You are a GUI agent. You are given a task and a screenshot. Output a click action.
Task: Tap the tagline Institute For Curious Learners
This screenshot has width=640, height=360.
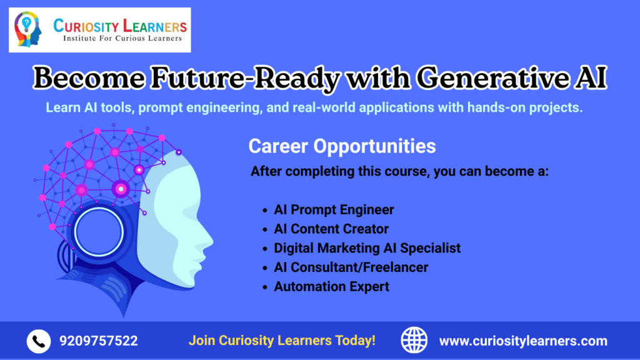point(122,39)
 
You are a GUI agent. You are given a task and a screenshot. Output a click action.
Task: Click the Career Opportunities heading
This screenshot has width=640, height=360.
point(342,146)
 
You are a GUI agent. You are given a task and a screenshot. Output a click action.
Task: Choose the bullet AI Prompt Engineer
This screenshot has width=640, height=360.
point(334,209)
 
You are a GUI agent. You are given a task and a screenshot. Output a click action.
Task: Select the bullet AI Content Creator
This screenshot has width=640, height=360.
point(331,229)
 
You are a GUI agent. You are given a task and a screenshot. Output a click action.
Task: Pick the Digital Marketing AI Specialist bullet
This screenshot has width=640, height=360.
point(367,248)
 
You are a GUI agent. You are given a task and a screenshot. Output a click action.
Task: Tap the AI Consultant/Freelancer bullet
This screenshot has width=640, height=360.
point(351,267)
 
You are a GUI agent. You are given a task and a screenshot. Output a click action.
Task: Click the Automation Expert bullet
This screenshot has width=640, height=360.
point(331,287)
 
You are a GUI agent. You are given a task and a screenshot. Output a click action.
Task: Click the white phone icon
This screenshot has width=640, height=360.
point(38,341)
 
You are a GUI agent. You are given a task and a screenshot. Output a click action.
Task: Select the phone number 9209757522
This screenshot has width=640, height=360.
point(99,341)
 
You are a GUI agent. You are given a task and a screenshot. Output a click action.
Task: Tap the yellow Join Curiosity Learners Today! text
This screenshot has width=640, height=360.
point(282,341)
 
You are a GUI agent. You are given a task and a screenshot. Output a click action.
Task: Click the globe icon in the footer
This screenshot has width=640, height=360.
point(414,341)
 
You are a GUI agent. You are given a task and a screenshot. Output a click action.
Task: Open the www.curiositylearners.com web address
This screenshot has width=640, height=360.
point(522,341)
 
